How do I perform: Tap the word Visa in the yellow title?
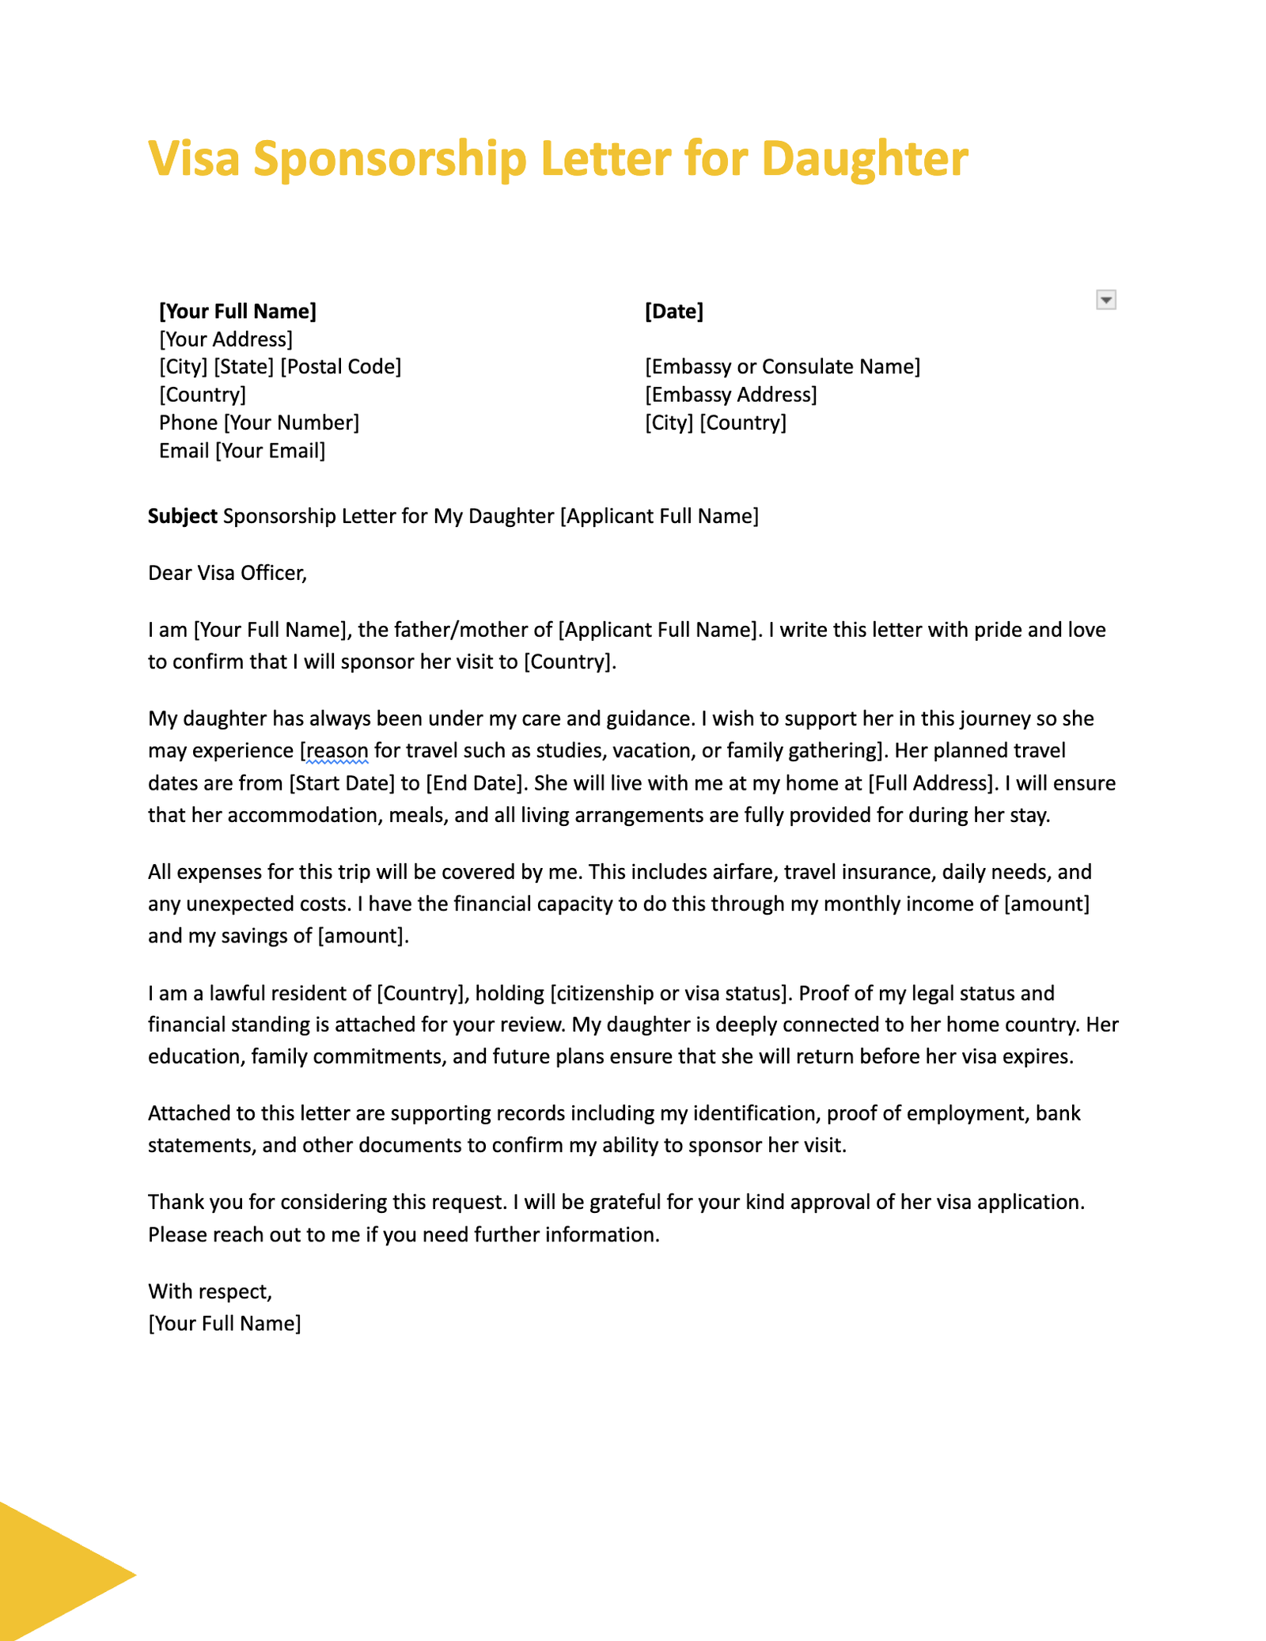click(194, 159)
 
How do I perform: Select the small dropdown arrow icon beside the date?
click(1106, 300)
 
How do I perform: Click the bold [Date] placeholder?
click(673, 311)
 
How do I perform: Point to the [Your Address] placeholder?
click(226, 339)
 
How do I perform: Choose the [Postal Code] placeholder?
click(340, 367)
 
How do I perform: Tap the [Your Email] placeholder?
click(270, 451)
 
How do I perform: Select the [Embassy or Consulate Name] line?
click(782, 367)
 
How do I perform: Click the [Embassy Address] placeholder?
click(730, 395)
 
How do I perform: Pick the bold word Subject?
click(182, 517)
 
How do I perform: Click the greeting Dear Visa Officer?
click(227, 573)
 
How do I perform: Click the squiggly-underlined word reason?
click(338, 750)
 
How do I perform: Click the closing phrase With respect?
click(210, 1291)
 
